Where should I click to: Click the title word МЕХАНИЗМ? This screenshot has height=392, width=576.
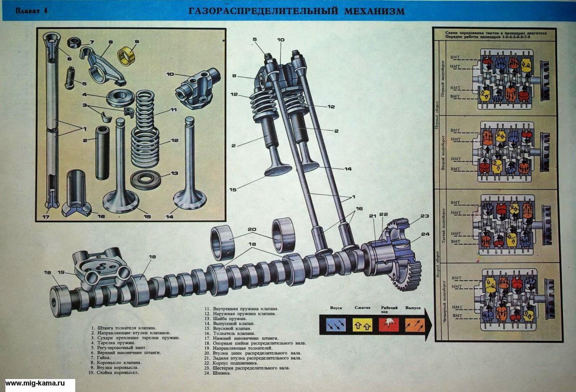tap(374, 11)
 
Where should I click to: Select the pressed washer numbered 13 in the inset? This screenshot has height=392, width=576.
tap(145, 180)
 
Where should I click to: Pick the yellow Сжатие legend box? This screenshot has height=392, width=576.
tap(362, 325)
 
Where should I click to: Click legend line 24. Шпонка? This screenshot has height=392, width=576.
tap(217, 373)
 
